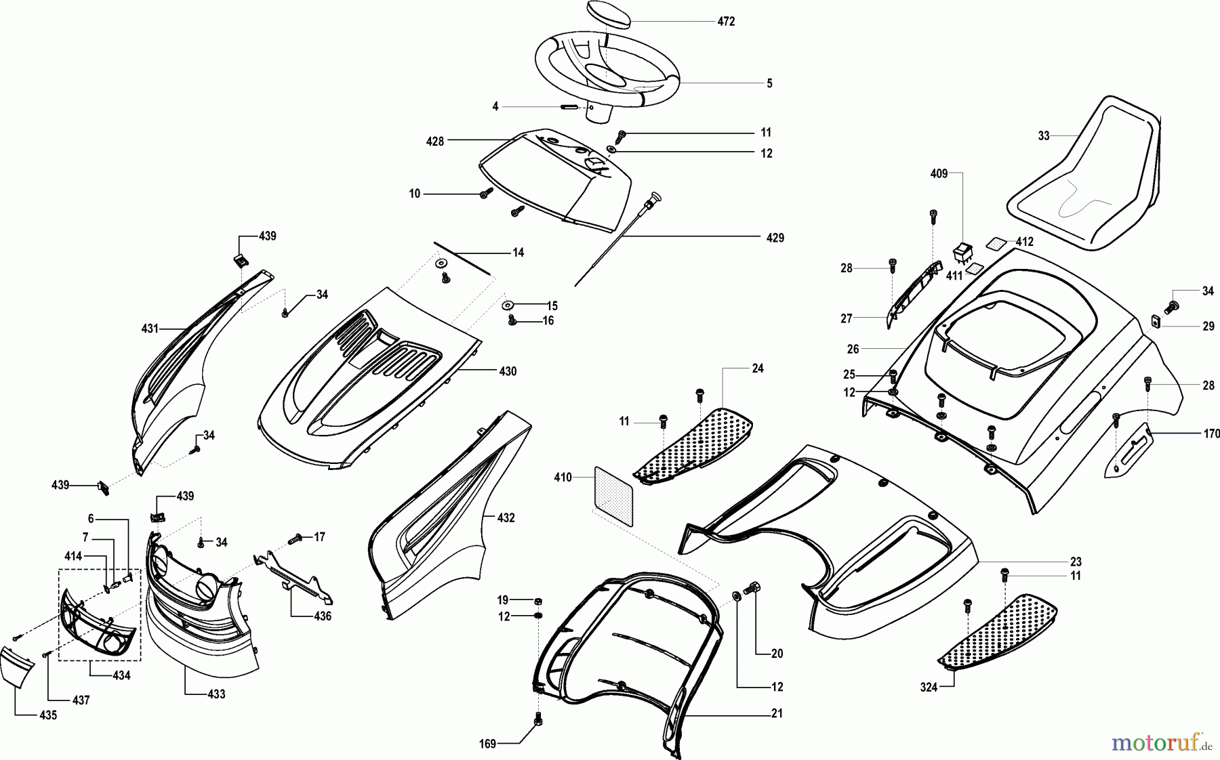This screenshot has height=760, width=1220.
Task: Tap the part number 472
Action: click(726, 22)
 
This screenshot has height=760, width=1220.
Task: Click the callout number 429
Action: click(775, 238)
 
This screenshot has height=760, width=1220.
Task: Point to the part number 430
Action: click(508, 371)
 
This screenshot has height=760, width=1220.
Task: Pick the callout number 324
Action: click(929, 688)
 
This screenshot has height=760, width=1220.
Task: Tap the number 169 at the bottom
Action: click(487, 744)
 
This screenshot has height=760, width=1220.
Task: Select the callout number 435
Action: click(48, 715)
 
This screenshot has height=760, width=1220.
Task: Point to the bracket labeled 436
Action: click(294, 573)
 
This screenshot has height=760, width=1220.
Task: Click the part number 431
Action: click(150, 329)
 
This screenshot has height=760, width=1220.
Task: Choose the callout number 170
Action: click(1211, 434)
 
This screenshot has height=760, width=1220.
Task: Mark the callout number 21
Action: click(777, 714)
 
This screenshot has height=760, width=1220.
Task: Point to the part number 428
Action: click(435, 141)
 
